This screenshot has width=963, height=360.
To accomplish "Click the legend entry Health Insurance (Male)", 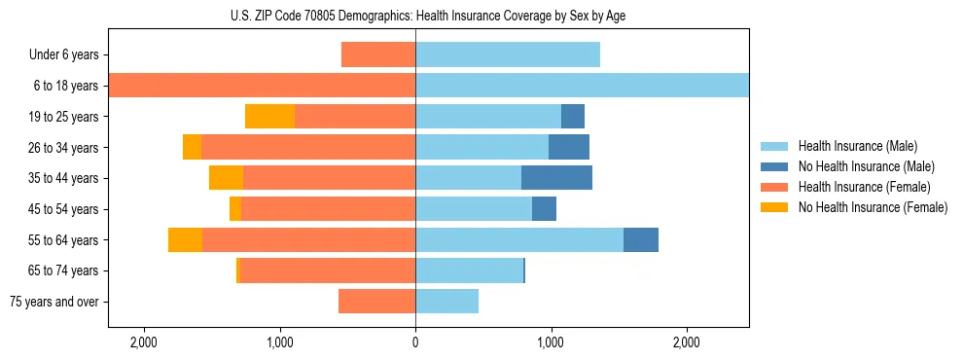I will (857, 146).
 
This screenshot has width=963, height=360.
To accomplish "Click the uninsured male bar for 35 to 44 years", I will (556, 178).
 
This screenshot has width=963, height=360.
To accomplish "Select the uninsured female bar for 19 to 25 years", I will (269, 116).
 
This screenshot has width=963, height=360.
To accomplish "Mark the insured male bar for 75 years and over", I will (446, 302).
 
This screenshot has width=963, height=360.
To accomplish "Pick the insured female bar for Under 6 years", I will (378, 54).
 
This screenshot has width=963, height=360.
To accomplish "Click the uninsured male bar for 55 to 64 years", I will (641, 239).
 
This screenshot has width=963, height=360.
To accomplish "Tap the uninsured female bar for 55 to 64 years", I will (185, 239).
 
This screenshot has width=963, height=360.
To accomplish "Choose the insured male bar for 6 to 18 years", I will (582, 86).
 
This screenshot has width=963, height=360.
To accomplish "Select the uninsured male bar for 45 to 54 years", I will (544, 208).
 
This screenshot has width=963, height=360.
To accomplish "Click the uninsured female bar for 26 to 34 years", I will (192, 147).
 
